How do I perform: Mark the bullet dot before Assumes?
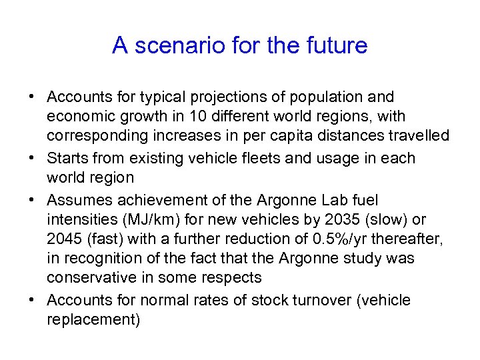pyautogui.click(x=32, y=201)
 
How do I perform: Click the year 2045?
pyautogui.click(x=63, y=238)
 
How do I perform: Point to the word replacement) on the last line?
pyautogui.click(x=94, y=320)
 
